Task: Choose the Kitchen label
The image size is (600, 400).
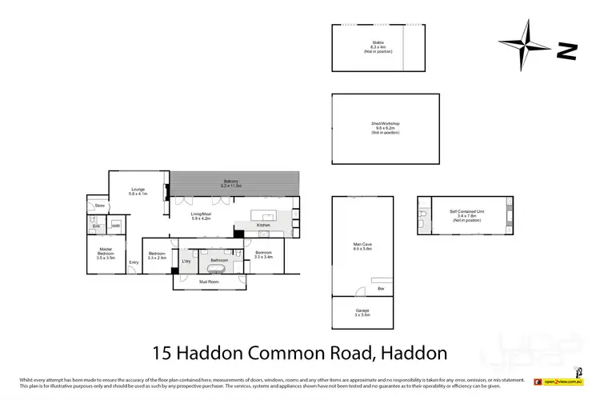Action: (x=263, y=226)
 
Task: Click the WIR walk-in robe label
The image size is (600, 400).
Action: (x=115, y=226)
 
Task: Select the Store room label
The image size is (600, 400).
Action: (x=99, y=206)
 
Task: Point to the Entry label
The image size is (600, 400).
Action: (x=134, y=262)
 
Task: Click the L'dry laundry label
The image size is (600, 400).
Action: (x=186, y=261)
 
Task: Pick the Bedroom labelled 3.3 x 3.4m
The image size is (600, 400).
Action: (x=264, y=254)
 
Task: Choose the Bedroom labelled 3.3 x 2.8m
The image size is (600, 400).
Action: (x=157, y=254)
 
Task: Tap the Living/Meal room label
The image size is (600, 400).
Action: (x=201, y=215)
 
